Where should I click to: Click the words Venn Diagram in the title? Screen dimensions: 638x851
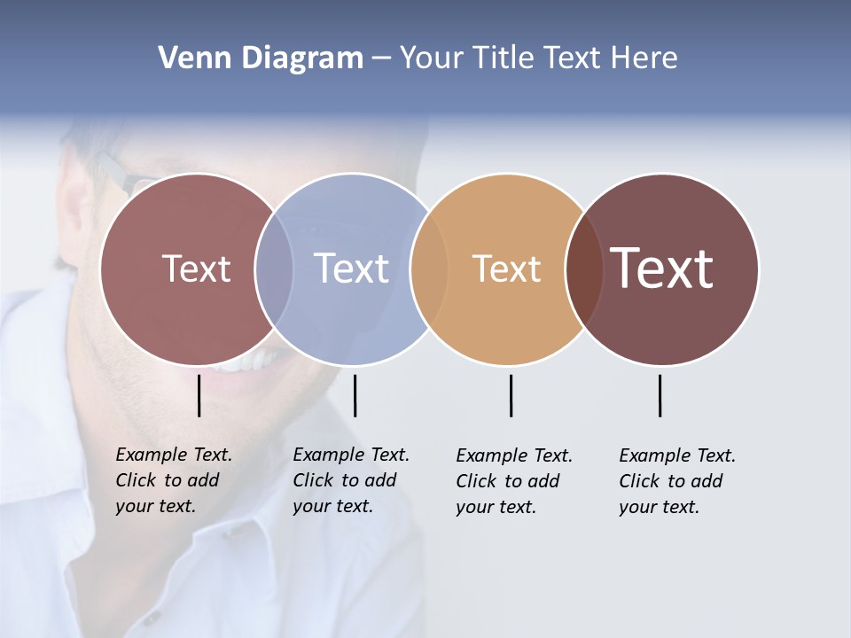261,58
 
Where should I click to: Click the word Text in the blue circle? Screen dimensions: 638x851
351,268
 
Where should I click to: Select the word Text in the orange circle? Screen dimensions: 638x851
506,268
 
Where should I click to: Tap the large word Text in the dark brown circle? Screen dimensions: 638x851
661,268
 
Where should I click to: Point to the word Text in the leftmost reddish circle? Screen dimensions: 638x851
196,268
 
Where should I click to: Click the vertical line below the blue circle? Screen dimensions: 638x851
355,395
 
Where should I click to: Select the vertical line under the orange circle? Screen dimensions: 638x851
511,395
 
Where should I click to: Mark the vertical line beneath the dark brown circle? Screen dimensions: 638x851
660,395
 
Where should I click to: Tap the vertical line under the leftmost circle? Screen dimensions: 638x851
199,395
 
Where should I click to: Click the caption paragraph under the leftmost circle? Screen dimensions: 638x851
173,480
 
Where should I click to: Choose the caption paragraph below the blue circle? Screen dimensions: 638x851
350,480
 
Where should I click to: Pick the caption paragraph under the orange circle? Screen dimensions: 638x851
513,481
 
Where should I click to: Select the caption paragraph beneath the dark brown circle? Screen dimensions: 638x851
676,481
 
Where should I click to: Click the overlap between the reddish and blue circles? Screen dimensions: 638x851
274,268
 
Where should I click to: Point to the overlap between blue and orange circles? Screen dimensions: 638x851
429,268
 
